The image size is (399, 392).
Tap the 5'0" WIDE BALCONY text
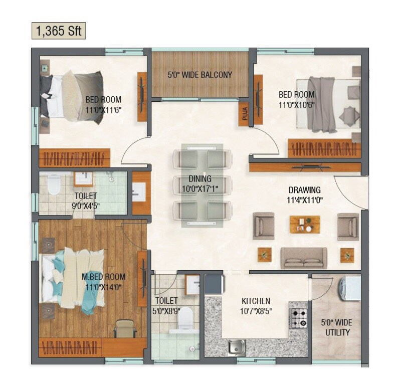(200, 75)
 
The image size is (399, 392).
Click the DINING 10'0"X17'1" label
(200, 183)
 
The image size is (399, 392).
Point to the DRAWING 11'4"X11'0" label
(304, 195)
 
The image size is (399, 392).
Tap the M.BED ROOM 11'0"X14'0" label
(103, 282)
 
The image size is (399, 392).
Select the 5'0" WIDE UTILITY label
(336, 327)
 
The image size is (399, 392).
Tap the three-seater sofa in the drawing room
(304, 257)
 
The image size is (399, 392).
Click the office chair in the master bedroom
(123, 328)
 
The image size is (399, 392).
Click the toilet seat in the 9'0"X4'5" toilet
(54, 185)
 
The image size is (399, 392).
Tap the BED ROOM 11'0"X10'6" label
(297, 99)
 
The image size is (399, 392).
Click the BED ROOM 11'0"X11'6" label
(103, 104)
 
